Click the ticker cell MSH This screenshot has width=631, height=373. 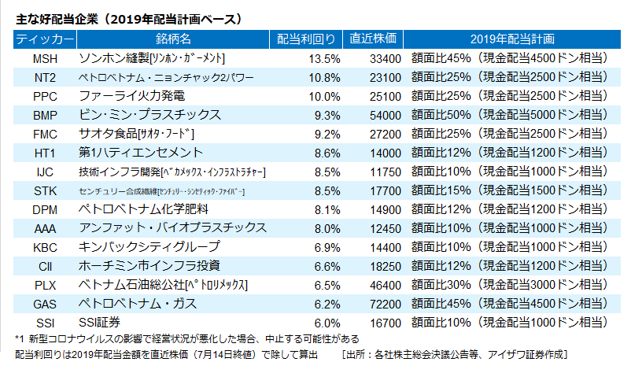click(45, 58)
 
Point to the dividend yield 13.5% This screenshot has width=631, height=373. click(323, 58)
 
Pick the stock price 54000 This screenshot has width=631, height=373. click(385, 115)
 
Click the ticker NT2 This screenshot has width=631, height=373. click(45, 77)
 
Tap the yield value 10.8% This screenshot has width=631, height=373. click(323, 77)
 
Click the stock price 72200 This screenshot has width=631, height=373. click(385, 303)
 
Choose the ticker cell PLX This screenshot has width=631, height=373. click(45, 284)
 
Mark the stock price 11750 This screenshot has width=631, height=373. click(385, 172)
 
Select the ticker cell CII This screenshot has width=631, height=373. click(45, 265)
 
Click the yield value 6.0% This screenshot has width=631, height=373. click(325, 322)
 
